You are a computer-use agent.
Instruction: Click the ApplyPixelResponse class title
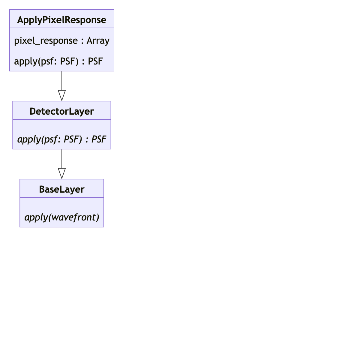tap(62, 20)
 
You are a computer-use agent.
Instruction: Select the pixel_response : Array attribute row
tap(62, 40)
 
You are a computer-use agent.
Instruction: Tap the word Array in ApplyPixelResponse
tap(98, 40)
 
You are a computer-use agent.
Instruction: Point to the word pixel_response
tap(46, 40)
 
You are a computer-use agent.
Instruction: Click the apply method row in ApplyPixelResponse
tap(58, 61)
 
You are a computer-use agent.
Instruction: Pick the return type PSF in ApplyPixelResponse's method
tap(95, 61)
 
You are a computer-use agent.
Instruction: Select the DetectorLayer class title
tap(62, 111)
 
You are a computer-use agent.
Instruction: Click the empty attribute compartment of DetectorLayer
tap(62, 124)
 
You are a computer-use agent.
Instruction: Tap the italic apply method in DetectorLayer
tap(62, 139)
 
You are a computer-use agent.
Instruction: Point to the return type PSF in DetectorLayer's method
tap(99, 139)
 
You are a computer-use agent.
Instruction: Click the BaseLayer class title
tap(62, 189)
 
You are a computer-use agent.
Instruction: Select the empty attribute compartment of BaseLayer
tap(62, 202)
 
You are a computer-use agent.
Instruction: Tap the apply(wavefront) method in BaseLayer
tap(62, 217)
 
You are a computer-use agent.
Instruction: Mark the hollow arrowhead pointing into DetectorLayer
tap(62, 96)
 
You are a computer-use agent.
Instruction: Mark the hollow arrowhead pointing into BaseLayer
tap(62, 174)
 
